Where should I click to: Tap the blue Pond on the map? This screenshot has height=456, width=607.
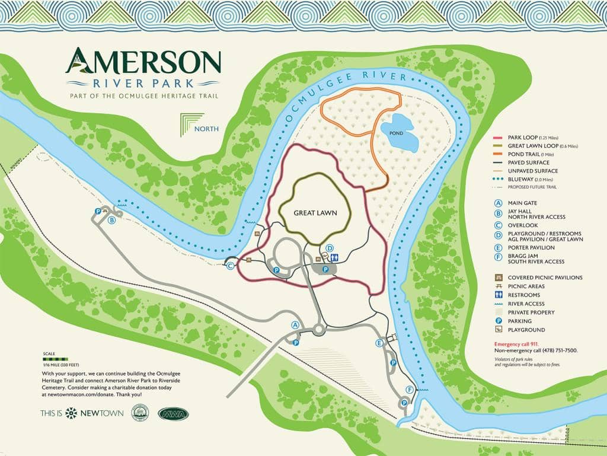point(398,133)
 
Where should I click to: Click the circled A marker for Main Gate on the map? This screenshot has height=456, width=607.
point(295,324)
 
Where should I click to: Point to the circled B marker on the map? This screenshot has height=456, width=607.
point(111,220)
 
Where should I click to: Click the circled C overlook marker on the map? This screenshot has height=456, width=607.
point(231,266)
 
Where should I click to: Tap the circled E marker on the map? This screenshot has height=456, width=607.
point(379,343)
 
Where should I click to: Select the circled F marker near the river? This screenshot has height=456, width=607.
point(409,390)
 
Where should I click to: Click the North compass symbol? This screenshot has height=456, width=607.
point(191,125)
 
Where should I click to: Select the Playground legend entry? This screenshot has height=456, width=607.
point(522,330)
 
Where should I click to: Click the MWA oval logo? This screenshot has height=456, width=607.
point(173,413)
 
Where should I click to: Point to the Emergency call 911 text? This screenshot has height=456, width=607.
point(520,344)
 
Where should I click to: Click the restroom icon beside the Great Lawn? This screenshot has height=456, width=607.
point(336,258)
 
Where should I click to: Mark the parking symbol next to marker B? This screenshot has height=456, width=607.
point(98,211)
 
